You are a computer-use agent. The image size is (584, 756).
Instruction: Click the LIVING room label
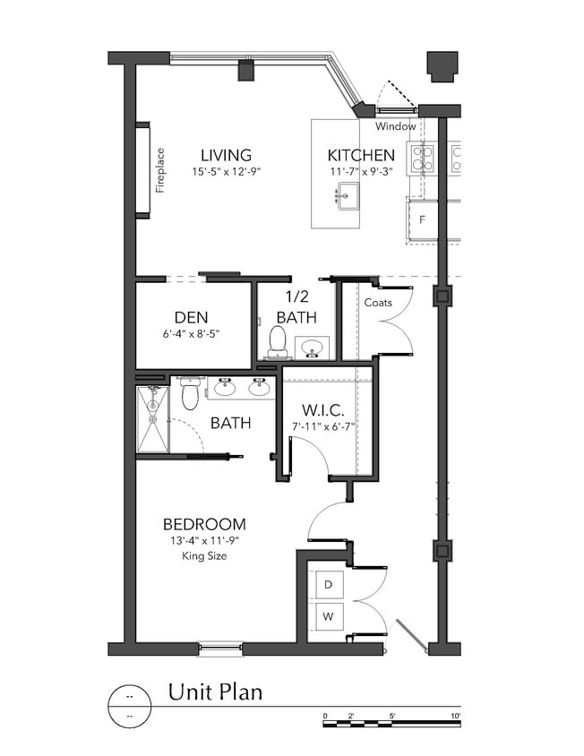226,155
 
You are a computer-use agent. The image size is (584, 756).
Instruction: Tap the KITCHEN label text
361,155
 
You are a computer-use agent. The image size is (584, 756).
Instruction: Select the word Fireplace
160,170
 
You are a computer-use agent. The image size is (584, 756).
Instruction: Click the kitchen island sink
348,193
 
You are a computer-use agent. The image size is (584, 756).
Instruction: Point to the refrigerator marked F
422,219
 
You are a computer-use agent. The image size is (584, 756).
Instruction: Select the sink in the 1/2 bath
312,347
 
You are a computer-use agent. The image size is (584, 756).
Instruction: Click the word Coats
378,303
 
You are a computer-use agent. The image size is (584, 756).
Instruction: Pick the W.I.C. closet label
323,409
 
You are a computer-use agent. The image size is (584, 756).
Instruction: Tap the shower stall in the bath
153,418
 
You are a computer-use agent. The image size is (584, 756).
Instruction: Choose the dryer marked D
329,584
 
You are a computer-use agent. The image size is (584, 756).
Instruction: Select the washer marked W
329,616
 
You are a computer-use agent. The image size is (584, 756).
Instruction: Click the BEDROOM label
204,524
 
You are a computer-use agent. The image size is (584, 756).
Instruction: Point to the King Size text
204,555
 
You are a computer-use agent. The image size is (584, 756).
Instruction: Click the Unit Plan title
215,692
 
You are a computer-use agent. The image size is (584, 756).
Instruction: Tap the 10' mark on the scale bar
456,716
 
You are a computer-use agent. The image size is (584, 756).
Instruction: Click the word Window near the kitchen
396,126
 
